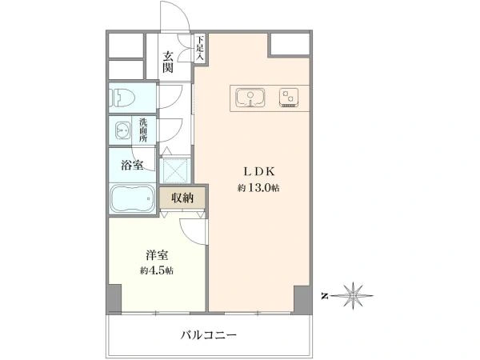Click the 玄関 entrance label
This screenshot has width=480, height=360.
tap(168, 62)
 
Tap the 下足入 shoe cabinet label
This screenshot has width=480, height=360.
tap(200, 48)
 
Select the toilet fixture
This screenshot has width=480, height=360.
tap(122, 98)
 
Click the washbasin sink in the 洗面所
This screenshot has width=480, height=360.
tap(122, 130)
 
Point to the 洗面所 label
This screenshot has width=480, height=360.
tap(143, 130)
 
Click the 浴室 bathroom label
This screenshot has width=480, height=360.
tap(132, 166)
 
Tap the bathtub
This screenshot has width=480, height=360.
tap(133, 198)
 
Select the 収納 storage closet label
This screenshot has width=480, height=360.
tap(182, 198)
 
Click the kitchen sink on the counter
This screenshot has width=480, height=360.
tap(250, 98)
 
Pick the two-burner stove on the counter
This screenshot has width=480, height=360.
tap(289, 98)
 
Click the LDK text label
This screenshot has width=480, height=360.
tap(258, 171)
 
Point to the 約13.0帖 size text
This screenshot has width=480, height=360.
tap(258, 188)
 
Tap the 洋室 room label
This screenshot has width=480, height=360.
tap(157, 255)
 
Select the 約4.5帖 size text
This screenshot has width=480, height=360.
tap(157, 270)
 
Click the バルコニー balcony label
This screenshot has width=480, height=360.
tap(209, 335)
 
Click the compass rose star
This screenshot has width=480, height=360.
tap(353, 295)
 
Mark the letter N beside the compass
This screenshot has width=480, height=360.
tap(325, 296)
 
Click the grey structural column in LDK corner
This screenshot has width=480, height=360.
tap(302, 300)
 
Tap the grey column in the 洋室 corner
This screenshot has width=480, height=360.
tap(114, 298)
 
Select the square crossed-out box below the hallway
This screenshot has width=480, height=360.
tap(174, 170)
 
